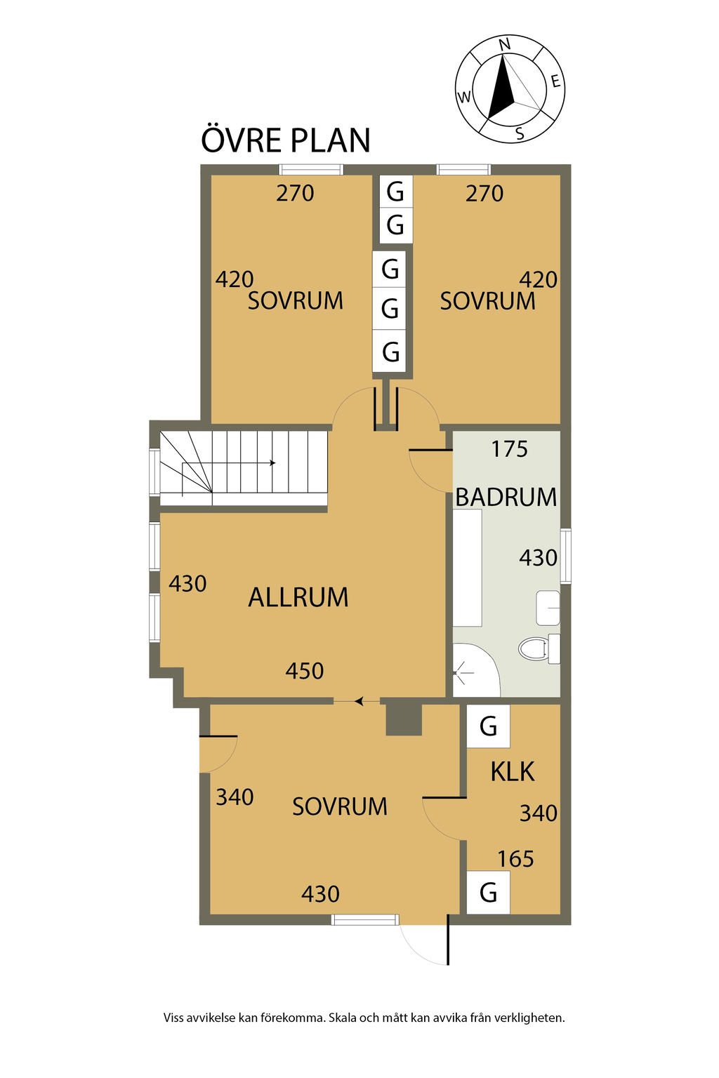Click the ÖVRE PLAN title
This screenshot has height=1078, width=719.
285,140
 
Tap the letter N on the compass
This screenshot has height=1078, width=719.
504,45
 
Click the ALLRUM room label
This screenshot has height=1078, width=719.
298,597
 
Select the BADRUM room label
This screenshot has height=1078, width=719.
506,497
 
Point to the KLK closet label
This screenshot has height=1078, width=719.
512,771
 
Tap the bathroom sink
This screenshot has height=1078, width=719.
548,608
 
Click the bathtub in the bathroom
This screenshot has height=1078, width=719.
467,568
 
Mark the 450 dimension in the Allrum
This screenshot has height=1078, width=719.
304,671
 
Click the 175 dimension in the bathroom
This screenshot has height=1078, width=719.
509,449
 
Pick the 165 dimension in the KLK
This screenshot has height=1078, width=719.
515,859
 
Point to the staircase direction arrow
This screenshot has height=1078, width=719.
271,463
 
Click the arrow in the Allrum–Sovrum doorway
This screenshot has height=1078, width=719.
359,701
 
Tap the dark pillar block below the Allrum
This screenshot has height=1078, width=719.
404,719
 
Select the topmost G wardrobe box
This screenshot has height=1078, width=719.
395,191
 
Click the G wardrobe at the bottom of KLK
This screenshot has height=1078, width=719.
488,893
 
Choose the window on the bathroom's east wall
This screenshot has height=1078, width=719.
565,557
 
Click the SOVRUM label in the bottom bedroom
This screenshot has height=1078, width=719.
340,807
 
